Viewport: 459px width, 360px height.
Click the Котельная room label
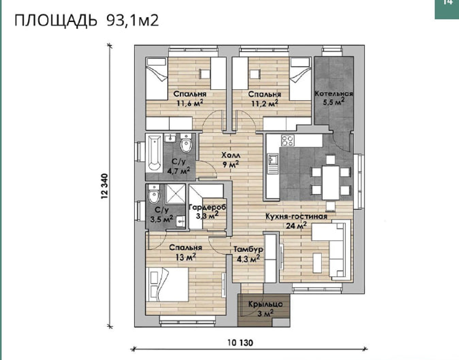pyautogui.click(x=334, y=94)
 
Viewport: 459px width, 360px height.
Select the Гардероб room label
pyautogui.click(x=207, y=208)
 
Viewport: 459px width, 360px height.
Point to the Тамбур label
pyautogui.click(x=248, y=249)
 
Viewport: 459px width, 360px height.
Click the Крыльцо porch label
pyautogui.click(x=265, y=304)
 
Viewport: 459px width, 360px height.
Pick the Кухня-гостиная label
pyautogui.click(x=296, y=216)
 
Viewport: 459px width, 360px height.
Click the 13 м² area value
pyautogui.click(x=185, y=257)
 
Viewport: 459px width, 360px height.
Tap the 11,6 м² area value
pyautogui.click(x=190, y=103)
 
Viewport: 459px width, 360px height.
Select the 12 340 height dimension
pyautogui.click(x=105, y=186)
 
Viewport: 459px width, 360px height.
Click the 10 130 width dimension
pyautogui.click(x=240, y=343)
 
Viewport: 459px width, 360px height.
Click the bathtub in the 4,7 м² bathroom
pyautogui.click(x=154, y=153)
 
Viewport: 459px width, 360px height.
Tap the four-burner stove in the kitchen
pyautogui.click(x=288, y=141)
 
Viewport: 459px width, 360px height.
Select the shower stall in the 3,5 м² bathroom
pyautogui.click(x=176, y=194)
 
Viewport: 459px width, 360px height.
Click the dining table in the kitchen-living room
pyautogui.click(x=330, y=179)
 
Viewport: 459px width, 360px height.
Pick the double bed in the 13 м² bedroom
pyautogui.click(x=168, y=284)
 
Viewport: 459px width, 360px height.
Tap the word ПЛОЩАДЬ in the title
pyautogui.click(x=56, y=21)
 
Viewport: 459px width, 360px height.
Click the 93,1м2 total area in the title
pyautogui.click(x=133, y=21)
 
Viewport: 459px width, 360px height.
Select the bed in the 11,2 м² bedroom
pyautogui.click(x=300, y=79)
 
